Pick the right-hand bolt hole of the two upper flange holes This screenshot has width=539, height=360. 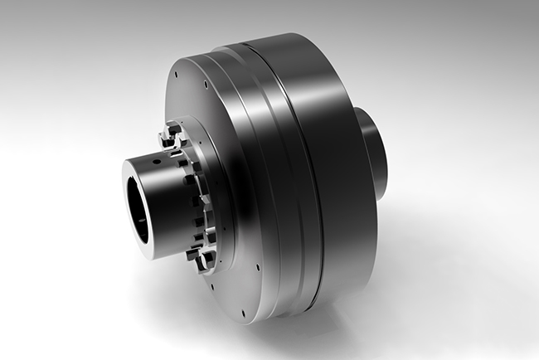coord(204,84)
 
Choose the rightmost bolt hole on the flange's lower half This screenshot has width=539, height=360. coord(258,266)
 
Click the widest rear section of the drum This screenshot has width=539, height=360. coord(332,166)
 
